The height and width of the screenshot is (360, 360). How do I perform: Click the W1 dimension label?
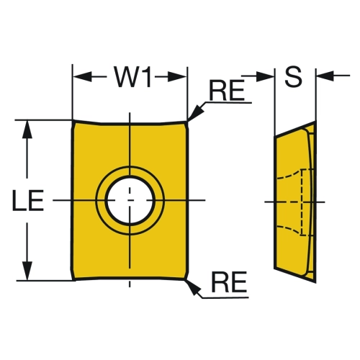[x=133, y=77]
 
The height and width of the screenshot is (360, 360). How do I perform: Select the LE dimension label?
[x=28, y=200]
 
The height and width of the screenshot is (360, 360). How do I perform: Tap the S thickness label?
[x=293, y=76]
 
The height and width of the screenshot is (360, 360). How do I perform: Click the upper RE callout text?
[x=227, y=90]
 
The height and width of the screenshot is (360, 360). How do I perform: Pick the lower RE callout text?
[x=229, y=282]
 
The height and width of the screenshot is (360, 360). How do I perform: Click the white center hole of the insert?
[x=130, y=200]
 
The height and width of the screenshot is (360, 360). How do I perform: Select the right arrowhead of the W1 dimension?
[x=177, y=77]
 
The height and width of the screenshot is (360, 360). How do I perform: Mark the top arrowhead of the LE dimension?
[x=27, y=130]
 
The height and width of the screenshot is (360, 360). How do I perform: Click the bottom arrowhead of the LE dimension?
[x=27, y=271]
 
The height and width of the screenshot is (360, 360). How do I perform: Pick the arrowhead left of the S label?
[x=265, y=76]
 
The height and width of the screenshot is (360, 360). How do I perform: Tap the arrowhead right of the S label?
[x=325, y=76]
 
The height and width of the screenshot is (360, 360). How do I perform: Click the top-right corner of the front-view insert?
[x=187, y=122]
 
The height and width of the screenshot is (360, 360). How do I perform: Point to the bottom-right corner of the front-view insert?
[x=186, y=279]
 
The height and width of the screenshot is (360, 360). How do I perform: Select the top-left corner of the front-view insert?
[x=73, y=121]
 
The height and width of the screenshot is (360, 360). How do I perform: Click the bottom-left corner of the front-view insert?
[x=73, y=280]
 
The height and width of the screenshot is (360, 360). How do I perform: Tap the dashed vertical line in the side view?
[x=302, y=202]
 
